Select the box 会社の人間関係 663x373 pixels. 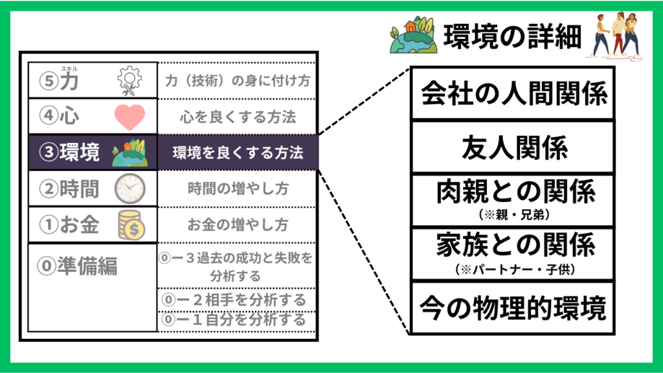513,94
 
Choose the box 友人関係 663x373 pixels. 513,148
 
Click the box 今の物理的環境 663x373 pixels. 513,308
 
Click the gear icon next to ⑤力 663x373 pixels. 129,80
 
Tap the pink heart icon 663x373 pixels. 129,117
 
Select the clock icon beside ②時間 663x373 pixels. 129,188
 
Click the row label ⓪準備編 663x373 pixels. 78,266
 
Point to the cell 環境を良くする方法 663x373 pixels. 238,153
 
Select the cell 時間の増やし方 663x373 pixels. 238,189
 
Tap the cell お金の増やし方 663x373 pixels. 238,225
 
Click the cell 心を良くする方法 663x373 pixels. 238,117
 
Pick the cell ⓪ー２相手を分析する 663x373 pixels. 238,300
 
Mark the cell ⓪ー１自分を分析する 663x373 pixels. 238,320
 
